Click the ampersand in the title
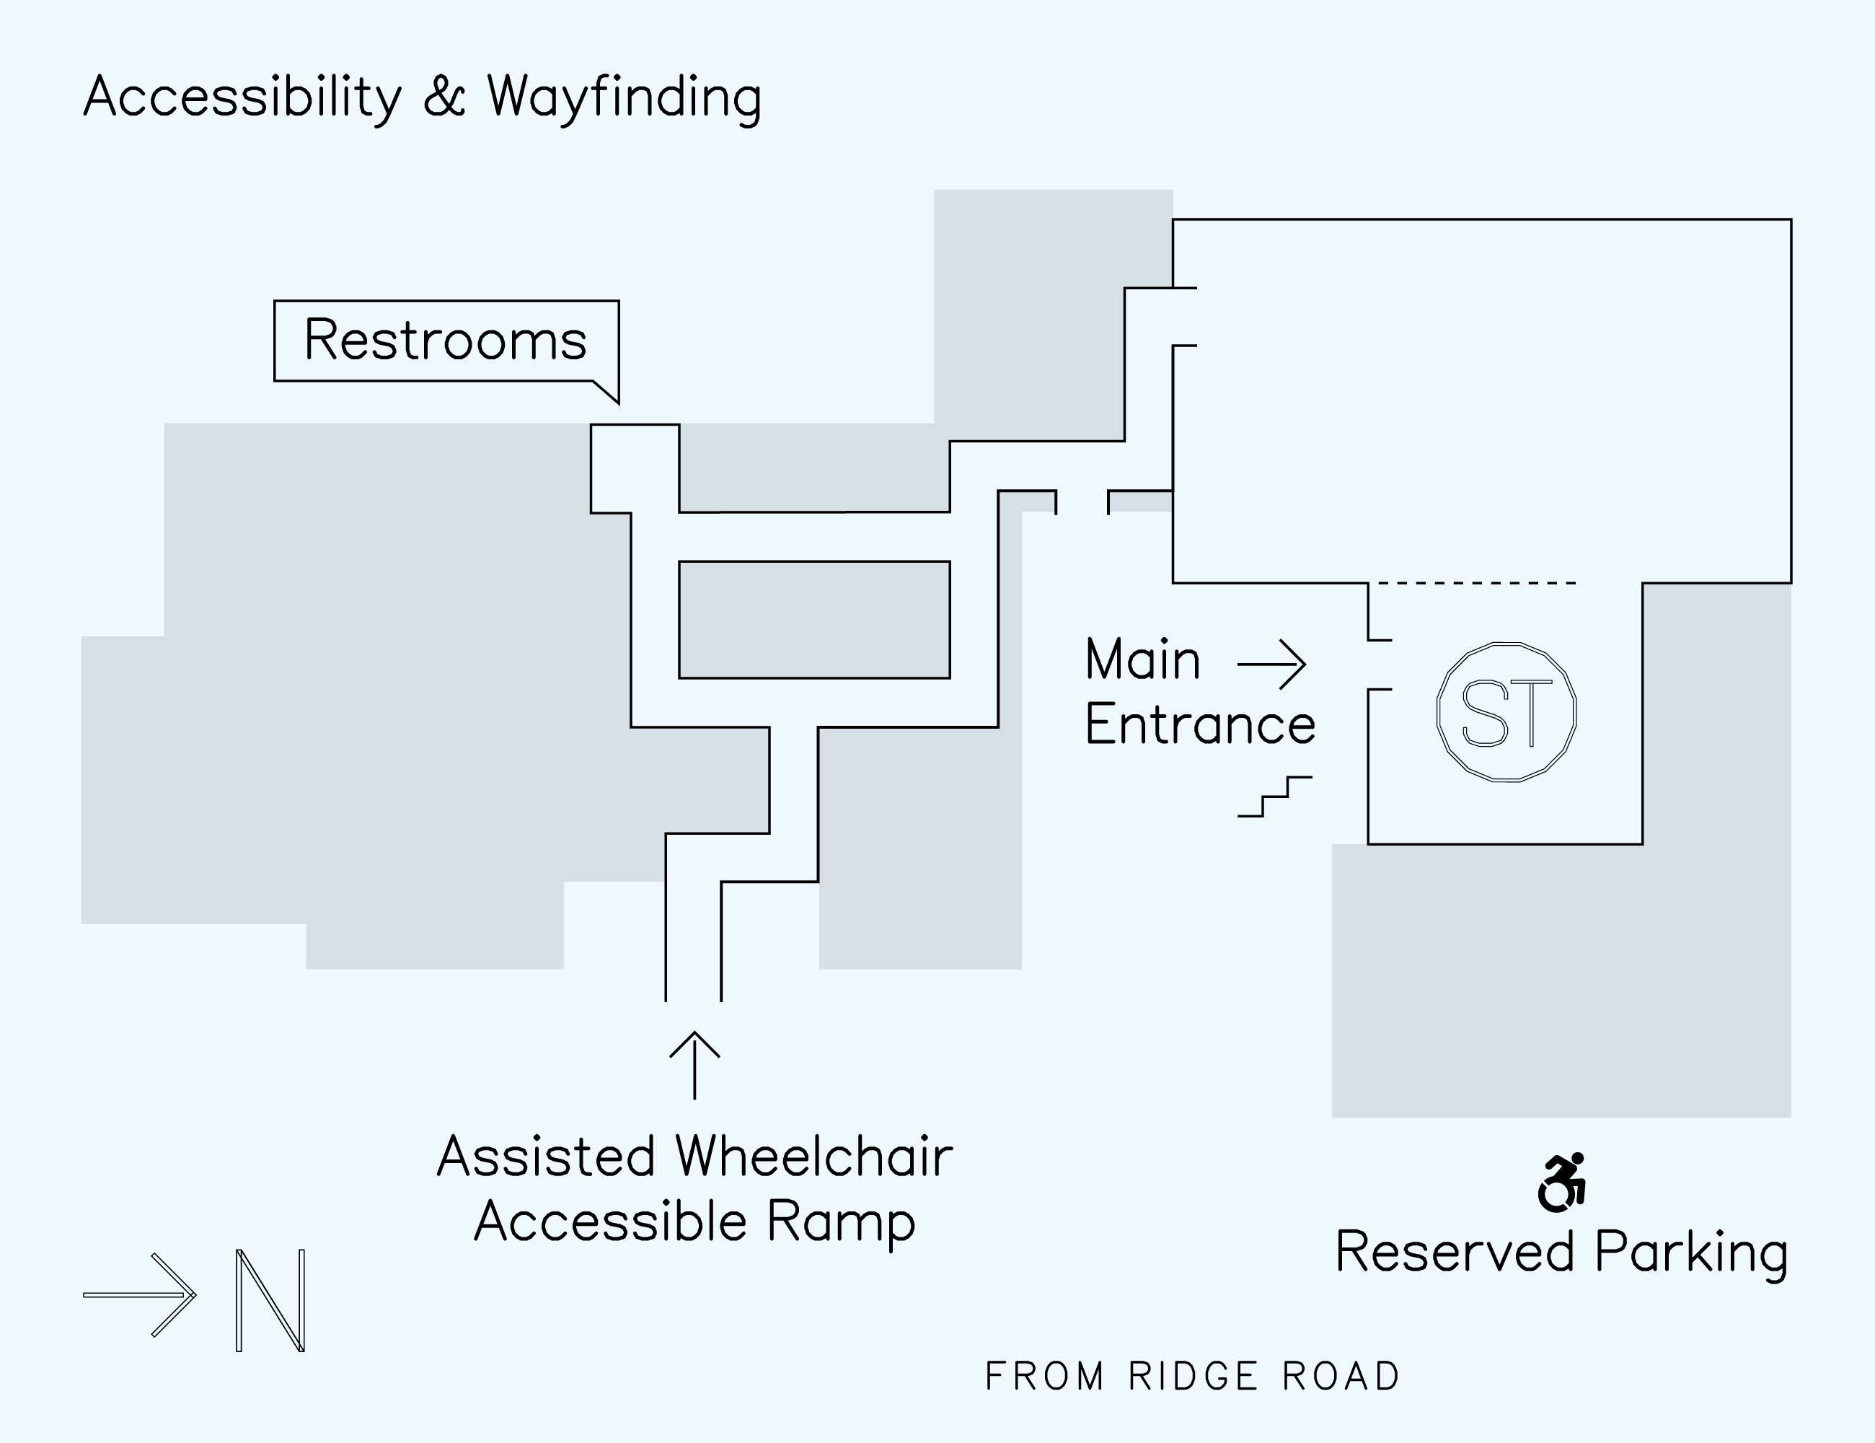444,97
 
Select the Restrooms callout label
446,340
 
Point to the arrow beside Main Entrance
1271,664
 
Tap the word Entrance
1200,725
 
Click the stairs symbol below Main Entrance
1275,797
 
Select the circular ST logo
1506,712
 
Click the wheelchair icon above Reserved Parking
1561,1183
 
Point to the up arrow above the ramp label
694,1064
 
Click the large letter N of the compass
270,1299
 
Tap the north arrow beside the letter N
140,1294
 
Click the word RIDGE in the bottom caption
1194,1377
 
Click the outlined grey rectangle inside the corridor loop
814,619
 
